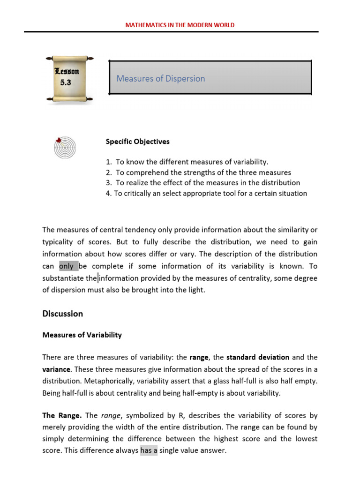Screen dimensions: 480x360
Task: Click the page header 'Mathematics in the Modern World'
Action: (x=180, y=25)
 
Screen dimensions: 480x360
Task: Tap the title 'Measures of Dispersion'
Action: (x=161, y=78)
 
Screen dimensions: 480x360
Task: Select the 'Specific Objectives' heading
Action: (x=137, y=141)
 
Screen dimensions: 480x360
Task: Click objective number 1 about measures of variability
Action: (x=187, y=162)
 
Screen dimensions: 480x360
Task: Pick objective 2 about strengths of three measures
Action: (x=198, y=172)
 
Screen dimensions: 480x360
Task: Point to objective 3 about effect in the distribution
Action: (x=203, y=182)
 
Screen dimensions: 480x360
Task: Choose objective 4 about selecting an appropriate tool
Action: (x=206, y=193)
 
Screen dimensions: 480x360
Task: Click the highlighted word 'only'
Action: (x=67, y=266)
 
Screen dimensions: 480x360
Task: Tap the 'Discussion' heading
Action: (x=62, y=314)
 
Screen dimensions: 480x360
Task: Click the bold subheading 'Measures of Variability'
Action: (x=82, y=335)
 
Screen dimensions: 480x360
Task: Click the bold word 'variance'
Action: (x=56, y=369)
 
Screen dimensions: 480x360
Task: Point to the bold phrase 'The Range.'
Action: (x=62, y=415)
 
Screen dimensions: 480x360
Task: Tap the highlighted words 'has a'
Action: (x=149, y=450)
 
